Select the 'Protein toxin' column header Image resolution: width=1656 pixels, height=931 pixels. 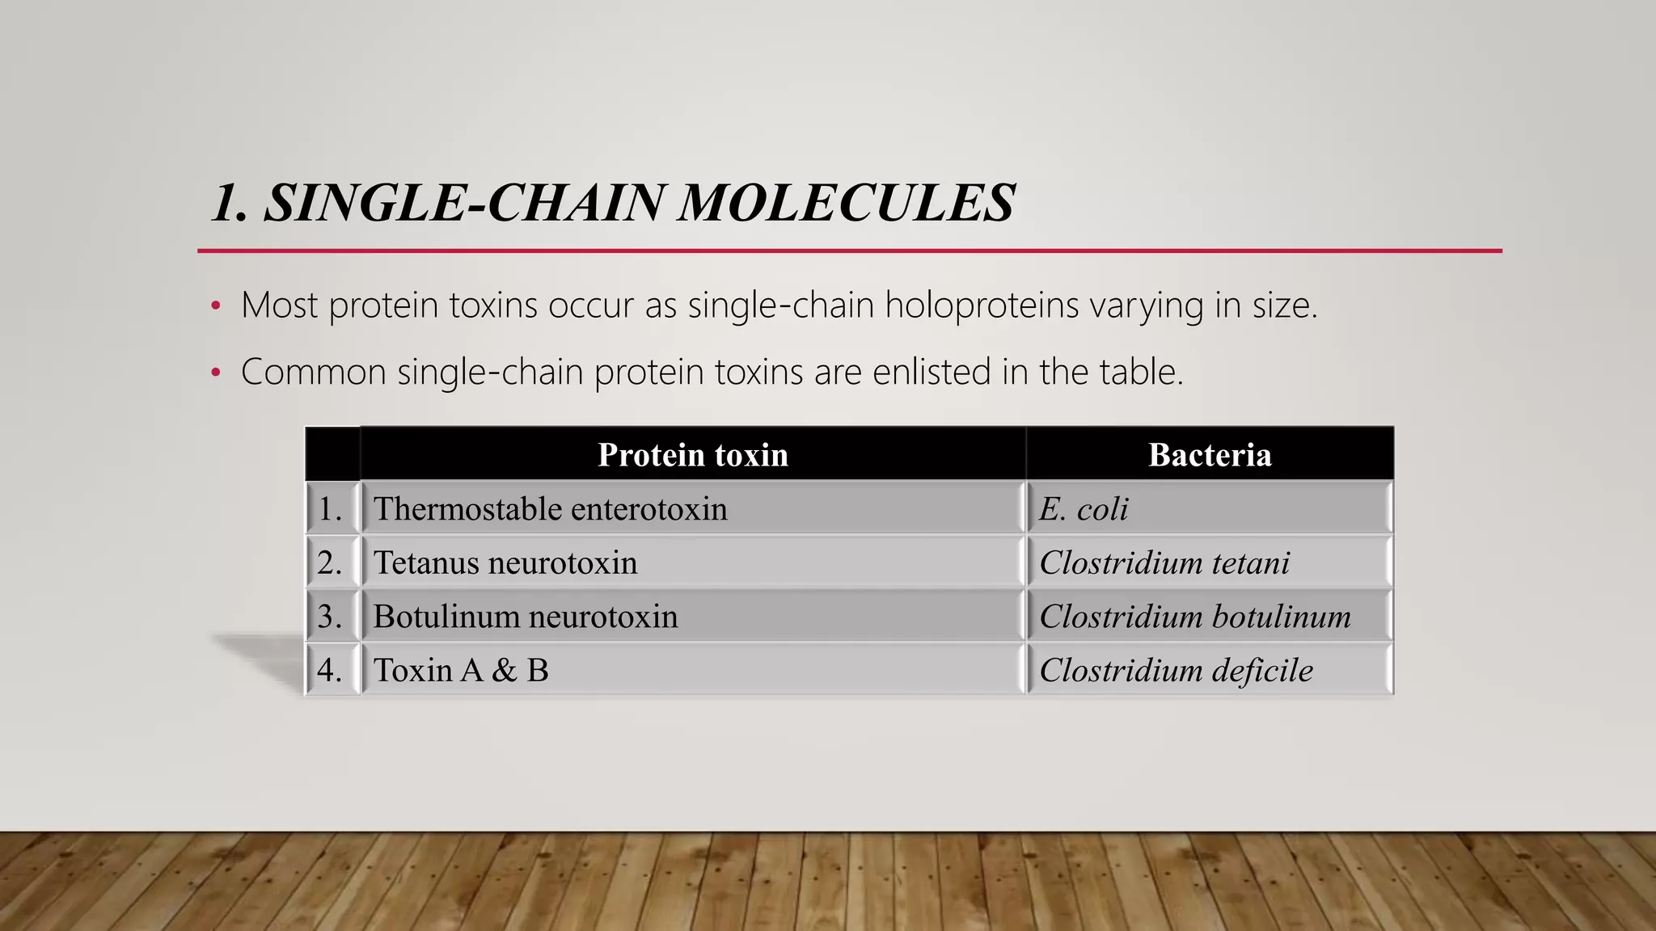(692, 454)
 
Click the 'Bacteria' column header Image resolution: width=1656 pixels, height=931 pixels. (1210, 454)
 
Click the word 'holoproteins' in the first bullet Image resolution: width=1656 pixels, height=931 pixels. (982, 305)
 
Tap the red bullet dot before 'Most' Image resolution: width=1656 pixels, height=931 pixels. (215, 306)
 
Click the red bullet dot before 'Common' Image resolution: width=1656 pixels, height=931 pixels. (215, 373)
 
